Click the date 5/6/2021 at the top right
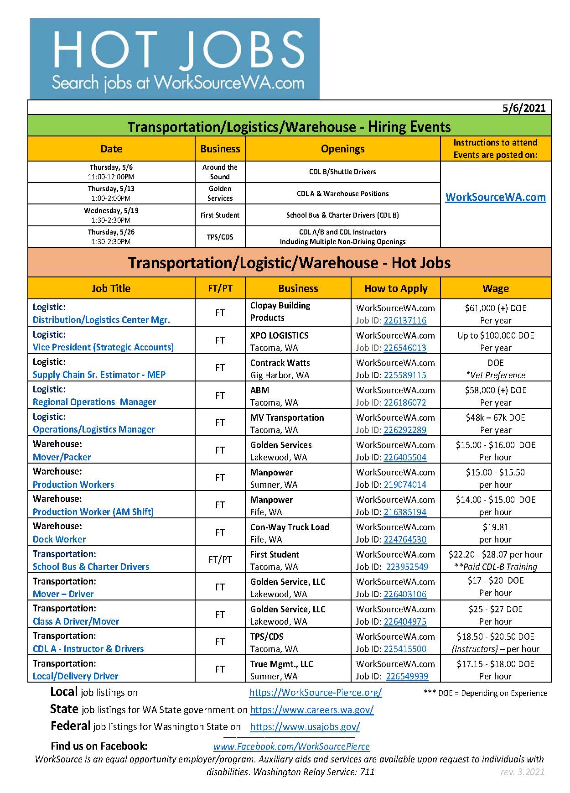(x=524, y=108)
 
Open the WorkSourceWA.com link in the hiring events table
(x=495, y=197)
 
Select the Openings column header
(x=342, y=149)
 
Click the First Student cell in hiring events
(x=220, y=215)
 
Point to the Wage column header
(x=495, y=288)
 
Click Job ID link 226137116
(x=405, y=320)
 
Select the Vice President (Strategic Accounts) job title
(x=103, y=347)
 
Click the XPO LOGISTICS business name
(x=279, y=335)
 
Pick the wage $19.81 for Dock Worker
(x=495, y=527)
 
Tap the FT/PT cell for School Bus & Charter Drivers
(x=220, y=559)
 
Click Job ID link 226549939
(x=407, y=676)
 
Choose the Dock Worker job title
(x=59, y=539)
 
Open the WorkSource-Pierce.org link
(x=316, y=692)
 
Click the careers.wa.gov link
(x=312, y=710)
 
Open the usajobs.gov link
(x=305, y=727)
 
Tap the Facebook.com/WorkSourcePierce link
(x=291, y=746)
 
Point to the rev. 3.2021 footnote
(x=522, y=772)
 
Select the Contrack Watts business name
(x=280, y=363)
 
